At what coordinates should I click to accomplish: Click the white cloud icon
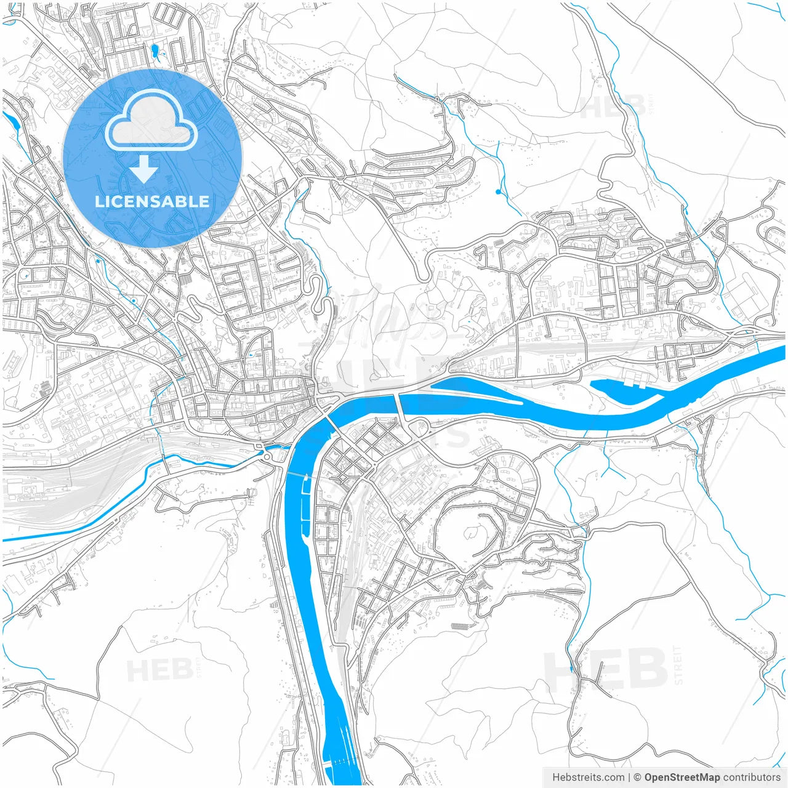click(x=151, y=121)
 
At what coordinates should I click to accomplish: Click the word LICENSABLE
click(x=152, y=201)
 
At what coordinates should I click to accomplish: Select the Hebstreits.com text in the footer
click(x=589, y=778)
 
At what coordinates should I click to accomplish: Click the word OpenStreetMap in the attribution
click(x=682, y=778)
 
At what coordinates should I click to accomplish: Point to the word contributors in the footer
click(x=752, y=778)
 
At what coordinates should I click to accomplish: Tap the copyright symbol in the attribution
click(x=638, y=778)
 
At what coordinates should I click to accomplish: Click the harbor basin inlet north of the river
click(x=622, y=388)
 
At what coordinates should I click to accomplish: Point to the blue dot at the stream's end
click(x=498, y=192)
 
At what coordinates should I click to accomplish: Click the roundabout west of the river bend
click(x=268, y=454)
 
